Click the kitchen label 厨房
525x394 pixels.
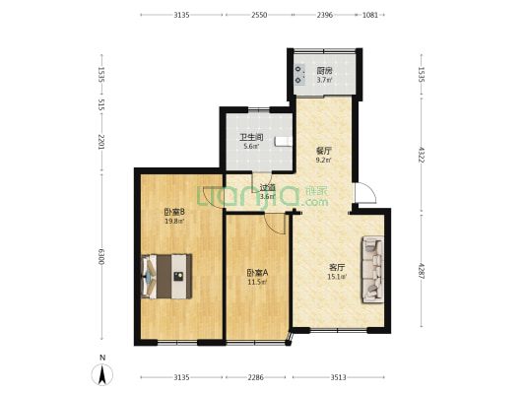click(324, 71)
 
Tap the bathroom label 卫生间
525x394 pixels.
click(251, 137)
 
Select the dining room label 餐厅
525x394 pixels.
click(323, 151)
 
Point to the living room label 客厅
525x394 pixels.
click(337, 267)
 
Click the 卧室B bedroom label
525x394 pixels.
click(174, 212)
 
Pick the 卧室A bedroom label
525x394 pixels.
click(257, 273)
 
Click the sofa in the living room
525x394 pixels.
click(372, 270)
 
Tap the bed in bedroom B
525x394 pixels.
click(166, 277)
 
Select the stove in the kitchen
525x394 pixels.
click(299, 75)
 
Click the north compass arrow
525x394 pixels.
click(102, 374)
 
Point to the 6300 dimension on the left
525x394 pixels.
click(101, 256)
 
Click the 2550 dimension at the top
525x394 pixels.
click(259, 15)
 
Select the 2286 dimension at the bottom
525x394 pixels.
click(255, 377)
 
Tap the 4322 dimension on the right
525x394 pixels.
click(422, 155)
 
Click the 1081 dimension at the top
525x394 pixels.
click(370, 15)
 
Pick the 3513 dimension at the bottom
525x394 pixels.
click(338, 377)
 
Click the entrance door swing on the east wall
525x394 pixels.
click(365, 193)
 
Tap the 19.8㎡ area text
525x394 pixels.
click(174, 221)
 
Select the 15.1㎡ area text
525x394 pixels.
click(337, 277)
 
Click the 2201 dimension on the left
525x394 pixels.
click(101, 142)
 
